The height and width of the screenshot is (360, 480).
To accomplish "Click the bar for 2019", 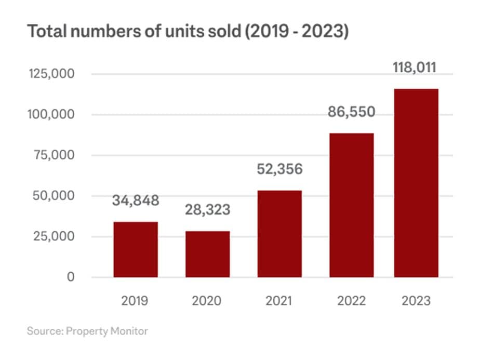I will click(136, 249).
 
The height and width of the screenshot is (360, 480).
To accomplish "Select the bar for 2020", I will click(207, 254).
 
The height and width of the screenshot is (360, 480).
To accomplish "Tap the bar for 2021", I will click(279, 234).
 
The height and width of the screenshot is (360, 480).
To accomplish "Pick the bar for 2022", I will click(352, 205).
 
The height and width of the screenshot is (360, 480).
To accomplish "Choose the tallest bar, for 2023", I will click(416, 183).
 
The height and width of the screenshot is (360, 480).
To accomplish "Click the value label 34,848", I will click(136, 201).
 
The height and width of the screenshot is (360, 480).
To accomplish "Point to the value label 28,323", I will click(208, 210).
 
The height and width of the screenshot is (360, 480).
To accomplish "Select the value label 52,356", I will click(279, 169).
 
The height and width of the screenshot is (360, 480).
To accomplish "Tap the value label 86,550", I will click(352, 112).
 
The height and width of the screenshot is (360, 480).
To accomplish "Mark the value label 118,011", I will click(416, 68).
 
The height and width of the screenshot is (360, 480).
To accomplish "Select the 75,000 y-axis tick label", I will click(55, 155).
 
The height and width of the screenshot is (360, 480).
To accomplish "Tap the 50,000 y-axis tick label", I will click(55, 196).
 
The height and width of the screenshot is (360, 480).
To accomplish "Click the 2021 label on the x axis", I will click(279, 301).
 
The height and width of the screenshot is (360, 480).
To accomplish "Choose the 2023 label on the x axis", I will click(416, 301).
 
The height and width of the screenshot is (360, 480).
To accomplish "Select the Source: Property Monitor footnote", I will click(87, 331).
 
